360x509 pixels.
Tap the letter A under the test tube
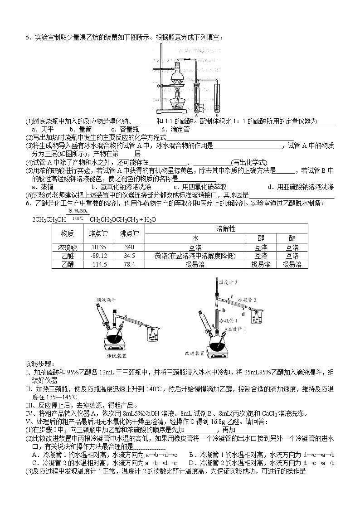pos(196,115)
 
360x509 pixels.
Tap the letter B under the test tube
pos(218,115)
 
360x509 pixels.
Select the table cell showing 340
pos(130,247)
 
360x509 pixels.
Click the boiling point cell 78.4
pos(130,265)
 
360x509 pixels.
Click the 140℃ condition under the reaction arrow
pos(77,218)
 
